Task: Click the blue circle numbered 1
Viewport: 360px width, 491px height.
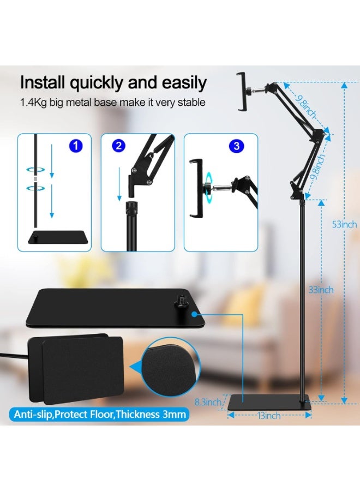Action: pyautogui.click(x=76, y=146)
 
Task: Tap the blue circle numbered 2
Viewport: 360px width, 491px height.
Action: pyautogui.click(x=118, y=146)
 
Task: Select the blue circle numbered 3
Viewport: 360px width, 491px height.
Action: pyautogui.click(x=236, y=146)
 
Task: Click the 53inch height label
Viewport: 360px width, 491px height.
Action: pyautogui.click(x=344, y=224)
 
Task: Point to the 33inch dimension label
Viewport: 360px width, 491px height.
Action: pyautogui.click(x=321, y=290)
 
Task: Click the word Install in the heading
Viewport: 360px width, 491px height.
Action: pyautogui.click(x=43, y=82)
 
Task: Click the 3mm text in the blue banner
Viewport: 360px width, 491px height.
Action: pyautogui.click(x=174, y=414)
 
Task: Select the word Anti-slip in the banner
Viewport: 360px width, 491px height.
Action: pyautogui.click(x=33, y=415)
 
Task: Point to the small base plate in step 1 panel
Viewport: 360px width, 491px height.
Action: pyautogui.click(x=58, y=237)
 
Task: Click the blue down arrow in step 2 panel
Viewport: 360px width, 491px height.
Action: pyautogui.click(x=119, y=183)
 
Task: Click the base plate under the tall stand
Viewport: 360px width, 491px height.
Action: pyautogui.click(x=269, y=402)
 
